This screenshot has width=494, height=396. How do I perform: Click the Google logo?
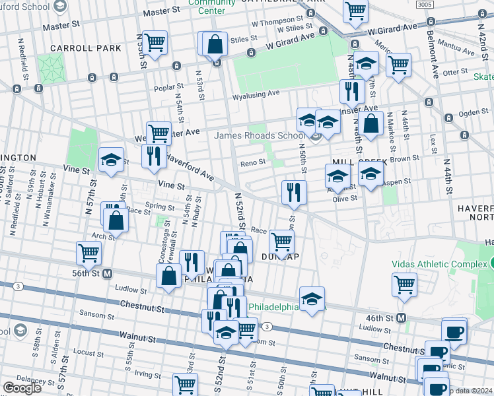coord(22,388)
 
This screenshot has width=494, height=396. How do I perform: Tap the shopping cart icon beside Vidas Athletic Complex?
coord(404,284)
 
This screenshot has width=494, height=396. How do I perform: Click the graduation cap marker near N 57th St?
coord(111,159)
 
